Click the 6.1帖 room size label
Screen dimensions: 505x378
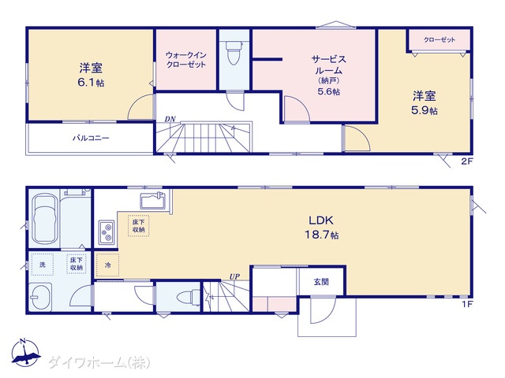pos(91,83)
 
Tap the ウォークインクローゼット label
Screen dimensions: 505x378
pos(186,60)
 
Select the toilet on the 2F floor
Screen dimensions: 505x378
pos(234,53)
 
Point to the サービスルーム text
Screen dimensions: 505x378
pos(328,65)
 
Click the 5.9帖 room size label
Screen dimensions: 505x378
pos(425,110)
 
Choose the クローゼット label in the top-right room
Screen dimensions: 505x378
pos(440,40)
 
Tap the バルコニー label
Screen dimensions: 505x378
pos(91,139)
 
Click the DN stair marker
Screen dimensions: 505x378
pos(170,119)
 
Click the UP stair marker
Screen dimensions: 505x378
pos(234,276)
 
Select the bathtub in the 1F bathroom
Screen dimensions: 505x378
pos(46,219)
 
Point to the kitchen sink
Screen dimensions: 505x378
pos(152,201)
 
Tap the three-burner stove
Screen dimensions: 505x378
pos(107,232)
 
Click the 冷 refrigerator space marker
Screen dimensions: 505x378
pos(107,265)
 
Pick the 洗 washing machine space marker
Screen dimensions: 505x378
pos(43,265)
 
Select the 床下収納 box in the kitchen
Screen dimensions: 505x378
pos(139,226)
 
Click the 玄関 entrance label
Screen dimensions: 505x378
pos(321,282)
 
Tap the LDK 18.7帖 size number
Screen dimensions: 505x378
pos(321,235)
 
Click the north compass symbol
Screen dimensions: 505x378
pos(26,353)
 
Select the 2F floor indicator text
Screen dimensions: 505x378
pos(467,161)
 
